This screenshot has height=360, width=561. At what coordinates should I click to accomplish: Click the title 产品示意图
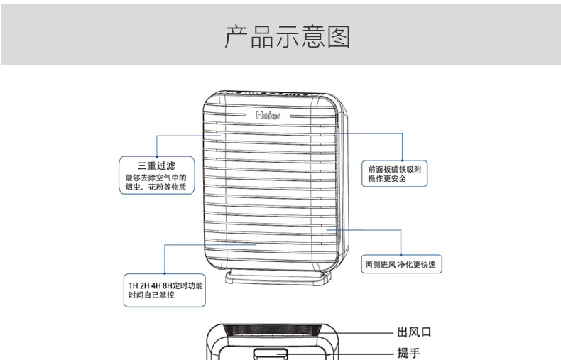[x=287, y=36]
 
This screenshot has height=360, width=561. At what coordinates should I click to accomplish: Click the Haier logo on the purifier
[x=268, y=114]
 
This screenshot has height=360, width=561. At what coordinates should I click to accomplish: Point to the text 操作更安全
[x=387, y=179]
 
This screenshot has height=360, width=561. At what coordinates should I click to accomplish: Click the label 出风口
[x=414, y=332]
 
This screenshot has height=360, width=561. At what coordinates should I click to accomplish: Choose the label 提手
[x=408, y=353]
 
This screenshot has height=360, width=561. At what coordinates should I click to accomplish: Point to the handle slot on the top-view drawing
[x=270, y=353]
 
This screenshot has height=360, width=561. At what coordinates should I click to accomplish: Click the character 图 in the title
[x=339, y=36]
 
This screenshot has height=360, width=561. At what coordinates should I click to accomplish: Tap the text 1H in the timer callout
[x=133, y=285]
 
